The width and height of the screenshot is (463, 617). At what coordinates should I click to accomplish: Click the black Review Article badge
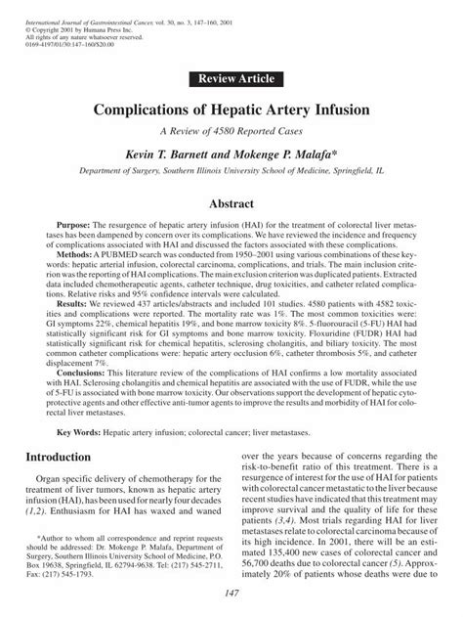[x=231, y=77]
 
